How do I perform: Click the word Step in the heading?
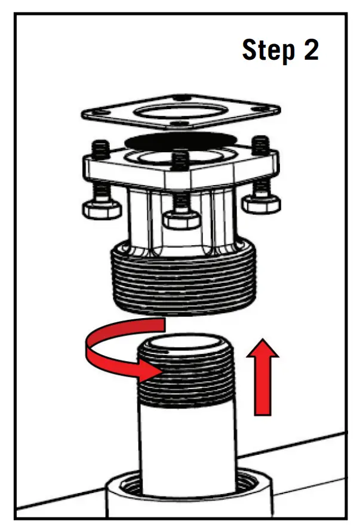point(267,50)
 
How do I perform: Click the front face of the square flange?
point(131,176)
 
